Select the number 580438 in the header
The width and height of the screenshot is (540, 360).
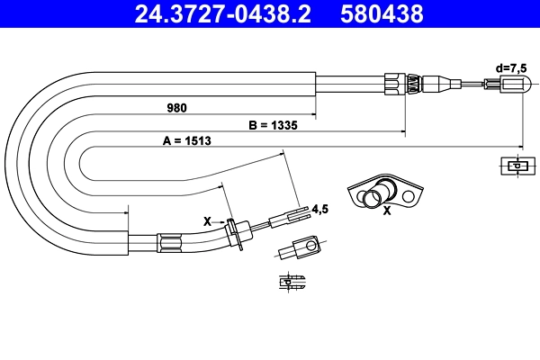pyautogui.click(x=382, y=13)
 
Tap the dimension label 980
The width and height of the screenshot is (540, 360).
pyautogui.click(x=176, y=108)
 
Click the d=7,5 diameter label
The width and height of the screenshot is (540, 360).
pyautogui.click(x=511, y=67)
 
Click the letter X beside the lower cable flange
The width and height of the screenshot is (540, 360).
pyautogui.click(x=207, y=220)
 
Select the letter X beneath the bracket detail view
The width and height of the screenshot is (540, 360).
pyautogui.click(x=387, y=212)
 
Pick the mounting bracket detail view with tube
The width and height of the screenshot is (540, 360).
pyautogui.click(x=384, y=193)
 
